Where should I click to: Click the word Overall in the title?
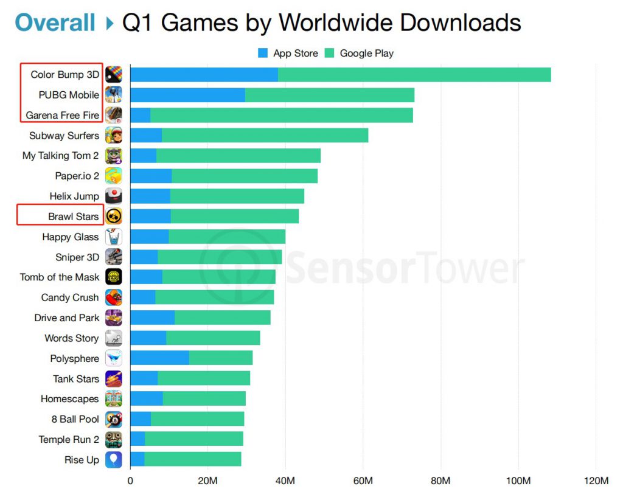[x=55, y=23]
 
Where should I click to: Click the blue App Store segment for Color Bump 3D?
[x=204, y=75]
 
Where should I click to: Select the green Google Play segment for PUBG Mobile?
[x=329, y=95]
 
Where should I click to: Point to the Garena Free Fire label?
[x=62, y=115]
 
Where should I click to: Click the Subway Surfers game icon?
[x=114, y=135]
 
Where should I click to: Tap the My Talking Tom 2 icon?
[x=114, y=156]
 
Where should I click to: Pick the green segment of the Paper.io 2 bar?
[x=244, y=176]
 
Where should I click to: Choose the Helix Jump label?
[x=74, y=196]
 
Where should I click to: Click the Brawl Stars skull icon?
[x=114, y=216]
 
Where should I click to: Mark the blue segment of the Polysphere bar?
[x=159, y=358]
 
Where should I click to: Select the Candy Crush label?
[x=69, y=297]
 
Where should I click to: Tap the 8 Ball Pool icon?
[x=114, y=419]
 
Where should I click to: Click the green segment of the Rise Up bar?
[x=192, y=459]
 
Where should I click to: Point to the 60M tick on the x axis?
[x=363, y=481]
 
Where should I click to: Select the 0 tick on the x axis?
[x=130, y=481]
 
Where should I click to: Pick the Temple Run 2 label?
[x=69, y=439]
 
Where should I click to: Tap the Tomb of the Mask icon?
[x=114, y=277]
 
